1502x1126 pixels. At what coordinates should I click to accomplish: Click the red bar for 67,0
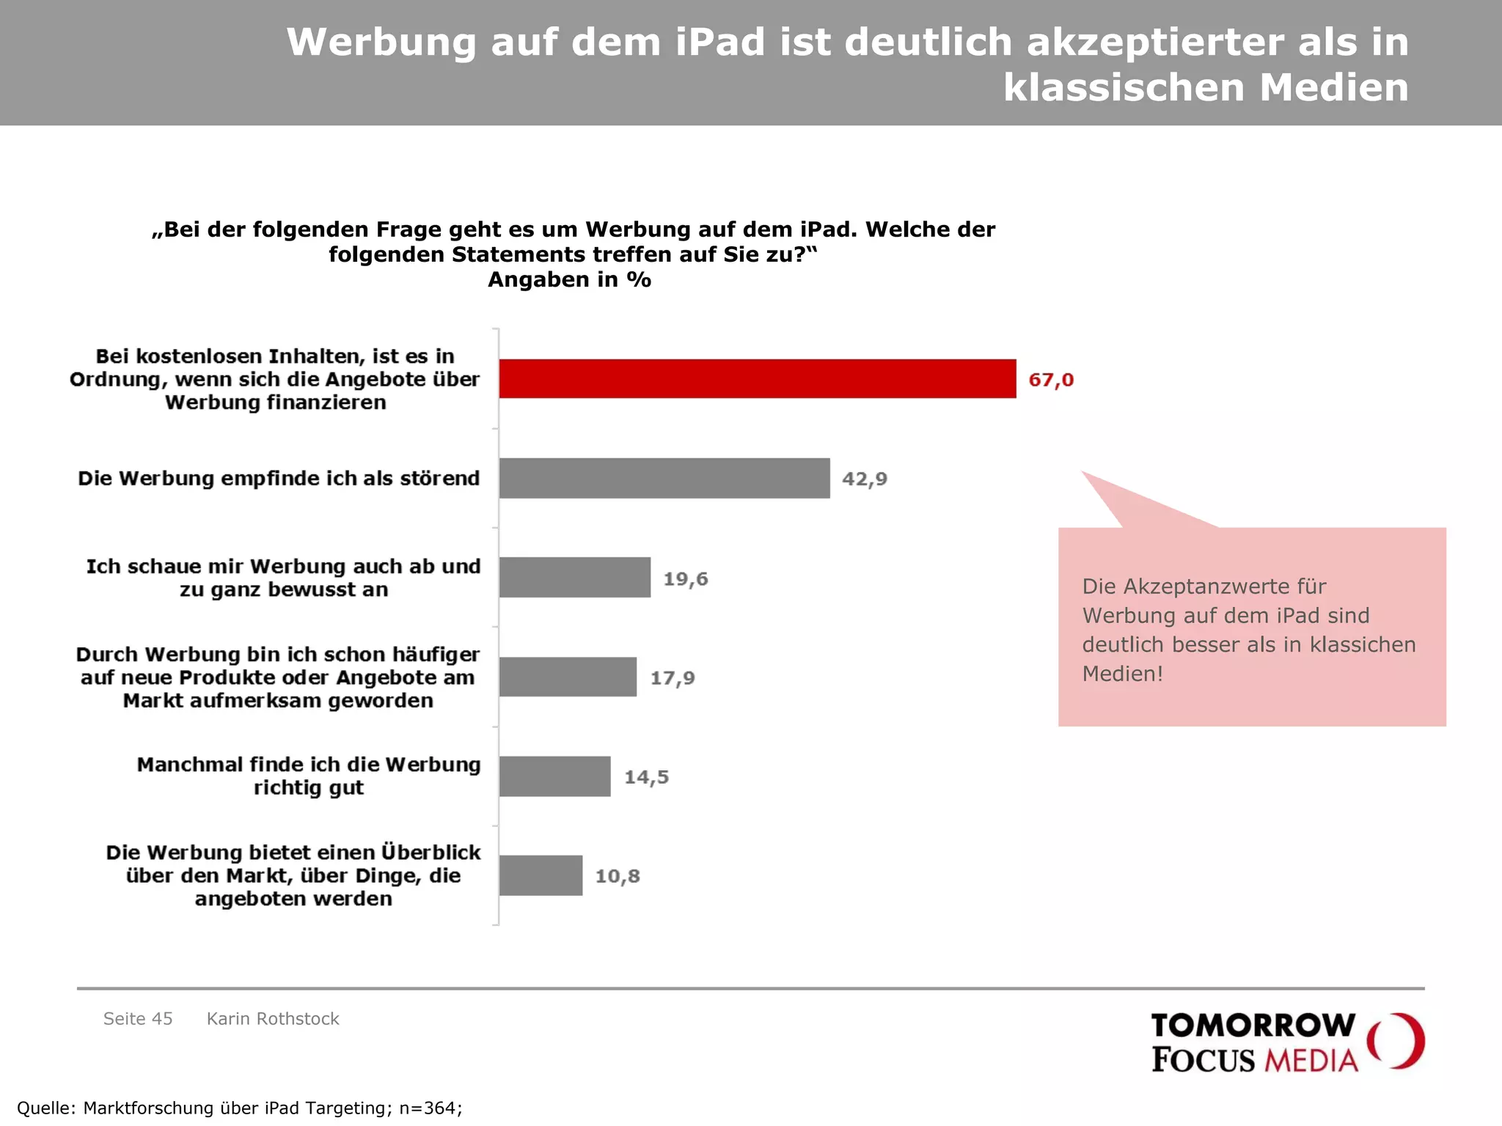pyautogui.click(x=758, y=379)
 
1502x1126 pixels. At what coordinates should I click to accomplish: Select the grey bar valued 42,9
pyautogui.click(x=664, y=479)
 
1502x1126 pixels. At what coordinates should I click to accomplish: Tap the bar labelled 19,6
pyautogui.click(x=575, y=578)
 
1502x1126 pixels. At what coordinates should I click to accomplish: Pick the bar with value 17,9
pyautogui.click(x=568, y=677)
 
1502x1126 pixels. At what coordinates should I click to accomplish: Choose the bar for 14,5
pyautogui.click(x=554, y=776)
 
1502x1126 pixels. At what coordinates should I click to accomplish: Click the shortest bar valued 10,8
pyautogui.click(x=541, y=875)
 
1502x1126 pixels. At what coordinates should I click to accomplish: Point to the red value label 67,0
pyautogui.click(x=1051, y=380)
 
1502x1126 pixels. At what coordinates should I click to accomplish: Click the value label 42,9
pyautogui.click(x=864, y=479)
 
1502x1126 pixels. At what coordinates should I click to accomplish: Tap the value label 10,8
pyautogui.click(x=618, y=876)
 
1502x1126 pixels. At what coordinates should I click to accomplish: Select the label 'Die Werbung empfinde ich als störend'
pyautogui.click(x=279, y=479)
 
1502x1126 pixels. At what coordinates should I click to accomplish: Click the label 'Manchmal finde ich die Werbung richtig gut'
pyautogui.click(x=308, y=776)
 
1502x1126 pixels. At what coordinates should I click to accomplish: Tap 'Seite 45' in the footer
pyautogui.click(x=138, y=1019)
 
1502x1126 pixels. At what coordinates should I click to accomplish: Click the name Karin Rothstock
pyautogui.click(x=273, y=1019)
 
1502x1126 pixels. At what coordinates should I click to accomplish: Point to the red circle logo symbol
pyautogui.click(x=1396, y=1041)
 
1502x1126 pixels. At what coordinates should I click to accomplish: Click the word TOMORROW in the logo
pyautogui.click(x=1253, y=1026)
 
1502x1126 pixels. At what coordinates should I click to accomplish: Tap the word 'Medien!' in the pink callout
pyautogui.click(x=1122, y=674)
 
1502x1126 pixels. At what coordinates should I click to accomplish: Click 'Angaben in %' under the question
pyautogui.click(x=569, y=280)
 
